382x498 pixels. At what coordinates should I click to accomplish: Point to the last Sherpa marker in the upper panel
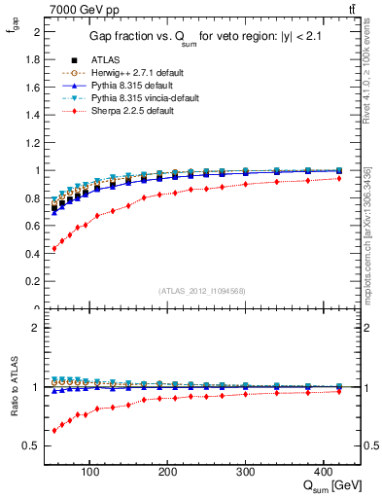(x=338, y=178)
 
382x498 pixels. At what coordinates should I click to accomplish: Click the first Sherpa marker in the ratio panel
(x=54, y=430)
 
